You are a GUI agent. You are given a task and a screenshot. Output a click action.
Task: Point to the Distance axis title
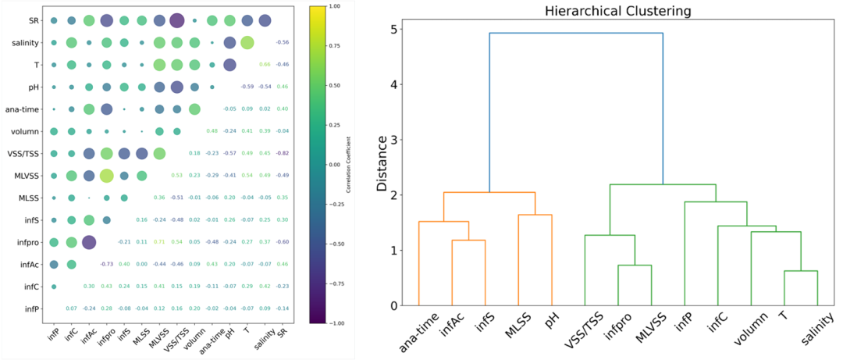click(382, 164)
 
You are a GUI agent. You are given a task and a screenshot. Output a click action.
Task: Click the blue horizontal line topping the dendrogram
click(576, 33)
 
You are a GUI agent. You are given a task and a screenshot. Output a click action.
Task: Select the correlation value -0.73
click(106, 266)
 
